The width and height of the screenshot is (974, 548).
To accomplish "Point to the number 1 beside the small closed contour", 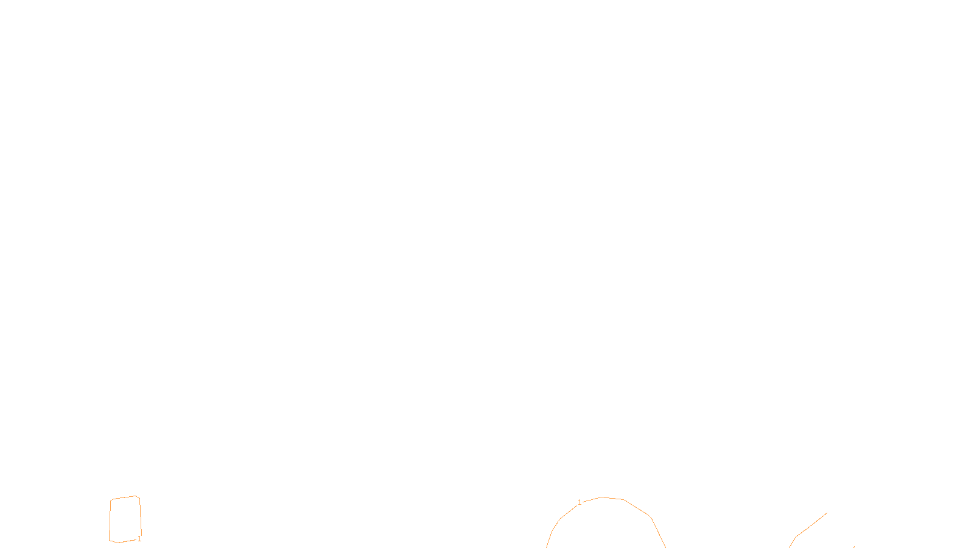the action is tap(139, 539).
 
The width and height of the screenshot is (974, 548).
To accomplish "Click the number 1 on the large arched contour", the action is tap(580, 502).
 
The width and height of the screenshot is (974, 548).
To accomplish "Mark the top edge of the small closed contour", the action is tap(124, 497).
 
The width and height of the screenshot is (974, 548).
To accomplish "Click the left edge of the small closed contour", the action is tap(110, 519).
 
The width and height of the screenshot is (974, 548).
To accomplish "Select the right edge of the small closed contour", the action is tap(141, 518).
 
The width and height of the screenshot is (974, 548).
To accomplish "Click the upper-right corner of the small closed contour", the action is tap(139, 497).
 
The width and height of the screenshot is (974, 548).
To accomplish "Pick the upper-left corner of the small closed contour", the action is tap(111, 500).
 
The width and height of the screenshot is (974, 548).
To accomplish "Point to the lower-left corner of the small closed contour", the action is tap(110, 540).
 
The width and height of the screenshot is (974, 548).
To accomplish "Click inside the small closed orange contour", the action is tap(125, 519).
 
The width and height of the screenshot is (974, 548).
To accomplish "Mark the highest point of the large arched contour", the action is tap(603, 497).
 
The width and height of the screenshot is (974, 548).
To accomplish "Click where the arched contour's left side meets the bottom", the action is tap(547, 546).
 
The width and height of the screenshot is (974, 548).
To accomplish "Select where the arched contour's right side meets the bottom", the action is tap(665, 546).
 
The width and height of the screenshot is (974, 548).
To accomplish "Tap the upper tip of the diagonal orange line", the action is tap(826, 513).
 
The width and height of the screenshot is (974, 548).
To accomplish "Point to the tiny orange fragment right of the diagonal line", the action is tap(853, 547).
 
